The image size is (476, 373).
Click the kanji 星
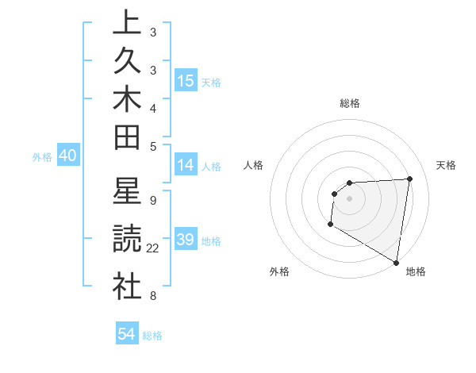(127, 192)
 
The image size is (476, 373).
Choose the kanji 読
(127, 239)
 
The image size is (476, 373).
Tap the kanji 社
(127, 286)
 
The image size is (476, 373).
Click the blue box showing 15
(186, 80)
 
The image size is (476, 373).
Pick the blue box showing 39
(186, 240)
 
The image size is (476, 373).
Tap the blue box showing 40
(67, 156)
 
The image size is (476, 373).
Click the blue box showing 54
(127, 334)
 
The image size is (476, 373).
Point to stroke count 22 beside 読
(153, 248)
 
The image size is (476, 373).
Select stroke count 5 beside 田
(152, 145)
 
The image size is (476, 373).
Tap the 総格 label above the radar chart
(350, 103)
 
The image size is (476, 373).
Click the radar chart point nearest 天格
(409, 179)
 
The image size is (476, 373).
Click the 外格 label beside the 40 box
(42, 157)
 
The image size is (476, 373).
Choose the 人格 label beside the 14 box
(211, 167)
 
